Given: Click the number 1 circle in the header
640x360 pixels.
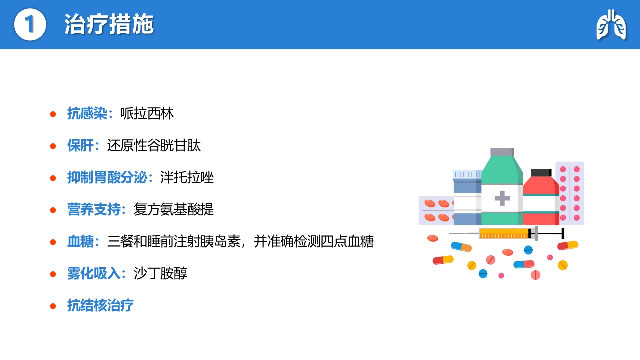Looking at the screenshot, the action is pos(30,24).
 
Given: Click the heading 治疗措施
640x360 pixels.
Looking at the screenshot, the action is pos(109,24).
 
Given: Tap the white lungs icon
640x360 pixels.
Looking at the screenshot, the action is pos(611,25).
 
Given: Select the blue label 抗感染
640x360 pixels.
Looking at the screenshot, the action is pos(87,113).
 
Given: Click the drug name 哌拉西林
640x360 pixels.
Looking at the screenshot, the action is pos(147,113).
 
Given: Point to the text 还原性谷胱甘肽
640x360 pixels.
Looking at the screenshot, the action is pos(154,145).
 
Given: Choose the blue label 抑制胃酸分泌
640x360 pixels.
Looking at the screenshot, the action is pos(107,177).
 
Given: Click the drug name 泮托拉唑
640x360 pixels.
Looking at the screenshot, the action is pos(187,177).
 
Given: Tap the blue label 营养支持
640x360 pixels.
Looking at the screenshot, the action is pos(94,209).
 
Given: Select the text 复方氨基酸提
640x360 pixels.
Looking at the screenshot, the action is pos(174,209).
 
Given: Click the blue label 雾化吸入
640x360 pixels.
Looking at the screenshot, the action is pos(94,273).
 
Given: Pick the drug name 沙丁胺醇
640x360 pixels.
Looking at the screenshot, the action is pos(160,273).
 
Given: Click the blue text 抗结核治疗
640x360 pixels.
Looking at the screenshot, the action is pos(100,305).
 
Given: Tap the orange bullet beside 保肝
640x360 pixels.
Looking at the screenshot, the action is pos(53,146).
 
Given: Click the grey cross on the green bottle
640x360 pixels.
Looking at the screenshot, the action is pos(502,198).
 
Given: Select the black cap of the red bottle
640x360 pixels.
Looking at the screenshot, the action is pos(541,173).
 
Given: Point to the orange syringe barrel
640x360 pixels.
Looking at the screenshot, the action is pos(504,233).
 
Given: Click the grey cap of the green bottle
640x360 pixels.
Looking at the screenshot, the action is pos(502,152).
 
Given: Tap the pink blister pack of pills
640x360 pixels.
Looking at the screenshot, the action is pos(570,193).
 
